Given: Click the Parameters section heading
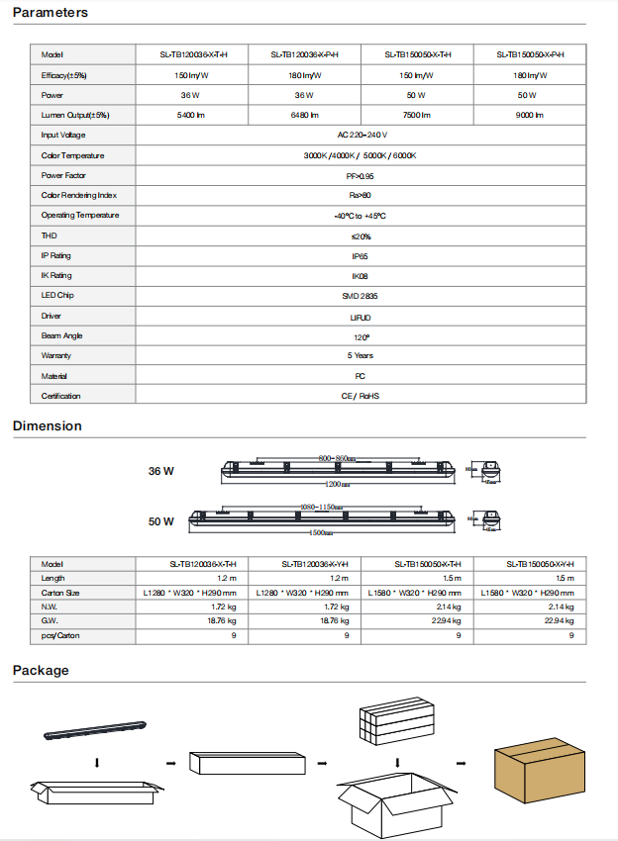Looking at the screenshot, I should [x=50, y=13].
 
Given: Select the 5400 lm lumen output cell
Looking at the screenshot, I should [x=192, y=116].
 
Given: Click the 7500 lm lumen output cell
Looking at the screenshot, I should [x=416, y=116].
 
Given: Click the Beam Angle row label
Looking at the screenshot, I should [x=61, y=336].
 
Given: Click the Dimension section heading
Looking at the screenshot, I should [x=47, y=426].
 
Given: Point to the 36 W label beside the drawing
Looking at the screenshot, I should [x=161, y=471].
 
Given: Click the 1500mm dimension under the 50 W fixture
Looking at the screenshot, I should [x=319, y=532].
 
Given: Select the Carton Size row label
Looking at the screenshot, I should [x=60, y=592].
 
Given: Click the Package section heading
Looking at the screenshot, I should [x=41, y=671].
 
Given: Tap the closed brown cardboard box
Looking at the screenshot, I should [x=536, y=765].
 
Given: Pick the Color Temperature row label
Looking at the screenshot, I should [x=72, y=155].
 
